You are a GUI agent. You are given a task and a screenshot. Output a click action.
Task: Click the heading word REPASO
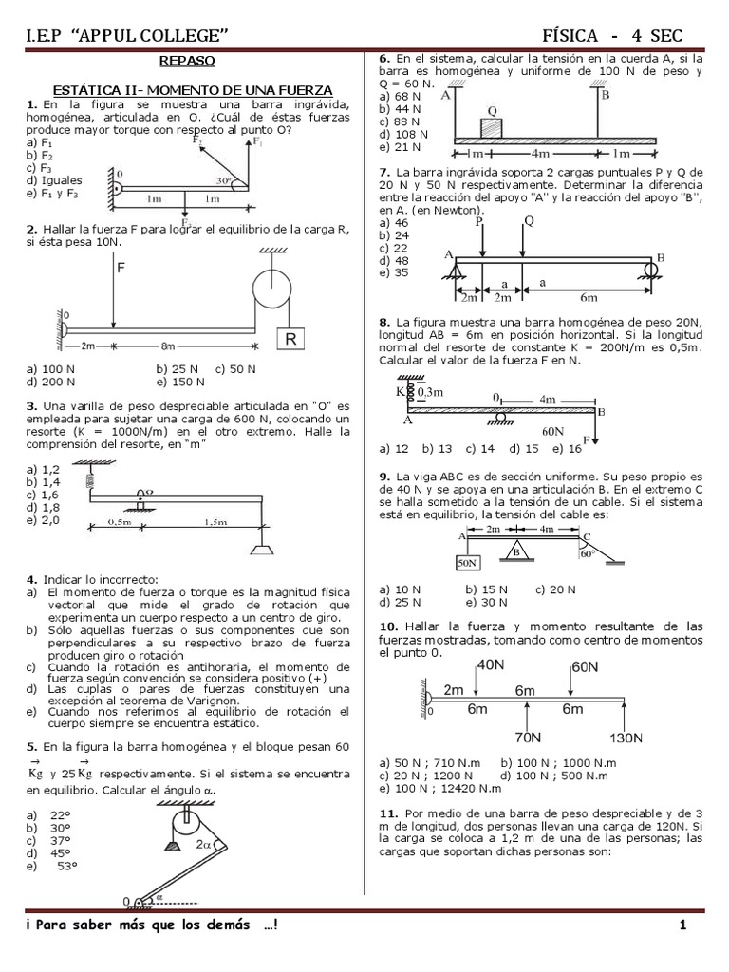tap(187, 61)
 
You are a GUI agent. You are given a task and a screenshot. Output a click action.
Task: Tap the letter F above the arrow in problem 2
tap(121, 268)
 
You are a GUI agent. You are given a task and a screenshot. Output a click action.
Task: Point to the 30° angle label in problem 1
tap(225, 179)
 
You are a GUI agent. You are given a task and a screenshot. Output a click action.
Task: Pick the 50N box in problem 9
tap(468, 562)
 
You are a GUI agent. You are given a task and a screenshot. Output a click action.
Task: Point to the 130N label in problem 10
tap(626, 737)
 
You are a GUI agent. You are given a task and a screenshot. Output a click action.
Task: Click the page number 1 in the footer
tap(682, 925)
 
